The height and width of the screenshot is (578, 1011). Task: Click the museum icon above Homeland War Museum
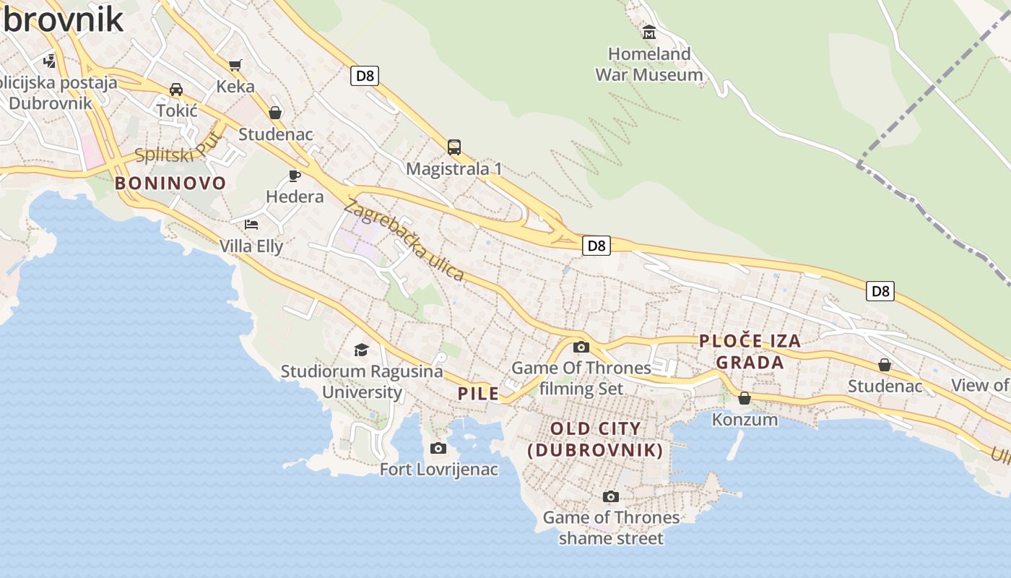648,33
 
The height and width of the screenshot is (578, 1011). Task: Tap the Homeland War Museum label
648,64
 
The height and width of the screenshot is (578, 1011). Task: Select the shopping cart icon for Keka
235,66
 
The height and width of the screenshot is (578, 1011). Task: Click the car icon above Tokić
175,90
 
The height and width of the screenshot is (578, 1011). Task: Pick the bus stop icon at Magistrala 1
454,147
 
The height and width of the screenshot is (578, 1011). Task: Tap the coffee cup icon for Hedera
294,176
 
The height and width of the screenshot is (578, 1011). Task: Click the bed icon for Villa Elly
251,224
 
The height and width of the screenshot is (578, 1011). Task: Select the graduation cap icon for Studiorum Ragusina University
361,350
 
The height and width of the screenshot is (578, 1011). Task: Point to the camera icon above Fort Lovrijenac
438,449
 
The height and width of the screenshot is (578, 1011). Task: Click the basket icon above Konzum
745,398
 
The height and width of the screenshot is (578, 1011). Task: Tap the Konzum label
745,419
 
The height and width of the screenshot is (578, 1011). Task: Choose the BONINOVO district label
170,183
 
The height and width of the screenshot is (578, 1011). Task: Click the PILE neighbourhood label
478,393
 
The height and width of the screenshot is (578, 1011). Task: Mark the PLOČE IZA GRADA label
750,351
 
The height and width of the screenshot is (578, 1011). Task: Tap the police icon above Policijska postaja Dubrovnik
50,60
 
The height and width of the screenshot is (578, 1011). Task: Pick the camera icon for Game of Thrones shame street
610,497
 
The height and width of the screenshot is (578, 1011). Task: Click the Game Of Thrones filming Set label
581,378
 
